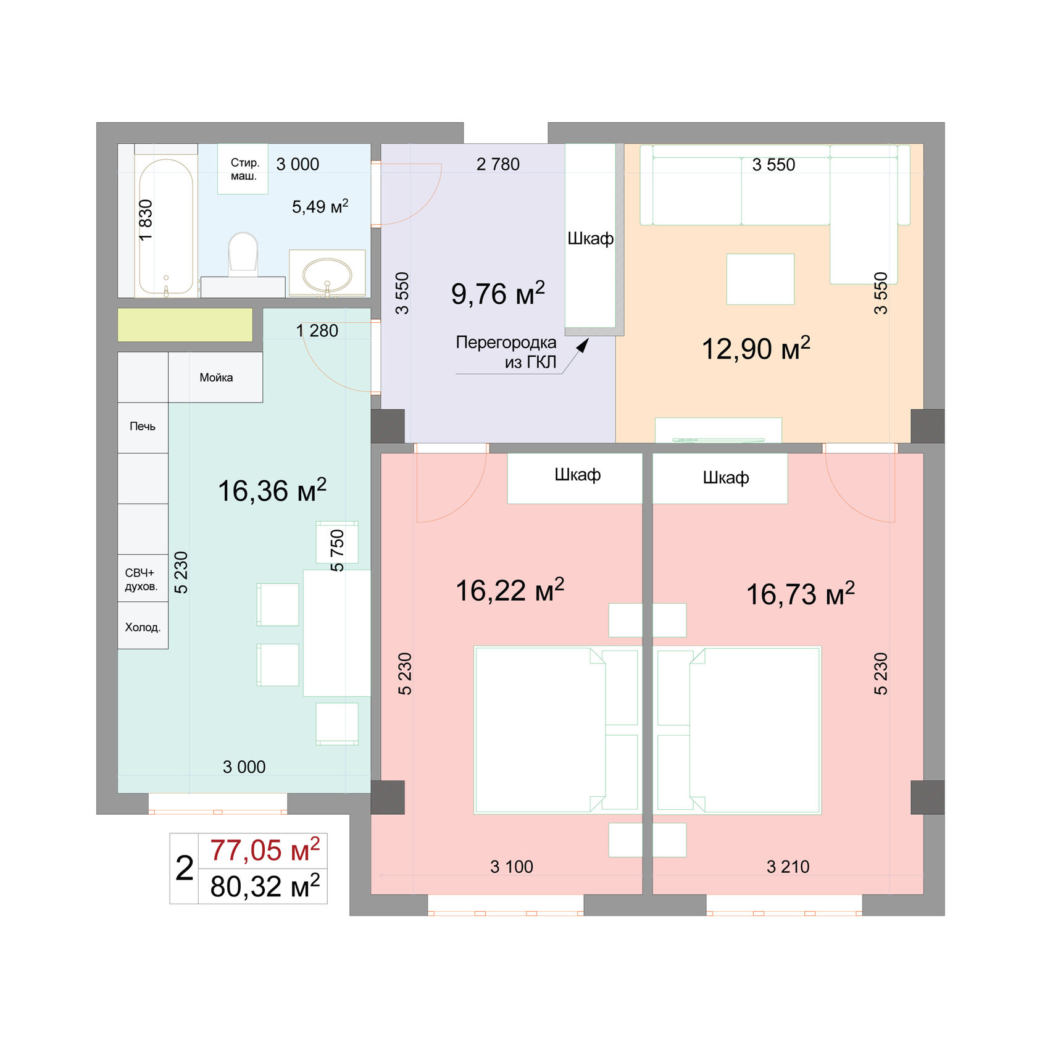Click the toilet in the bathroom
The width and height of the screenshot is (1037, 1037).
click(x=243, y=253)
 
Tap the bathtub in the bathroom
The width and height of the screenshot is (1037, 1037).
click(x=165, y=225)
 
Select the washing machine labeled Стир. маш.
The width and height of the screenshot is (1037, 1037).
click(x=243, y=169)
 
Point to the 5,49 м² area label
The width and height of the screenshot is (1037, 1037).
click(x=320, y=206)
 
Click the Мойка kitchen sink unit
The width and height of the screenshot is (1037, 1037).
click(x=216, y=377)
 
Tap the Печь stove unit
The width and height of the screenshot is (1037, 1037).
click(x=143, y=427)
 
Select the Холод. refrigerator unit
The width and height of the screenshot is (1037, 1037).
click(x=143, y=627)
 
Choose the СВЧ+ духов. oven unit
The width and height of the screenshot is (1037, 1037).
click(x=142, y=579)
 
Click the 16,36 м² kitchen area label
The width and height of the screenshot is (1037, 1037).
click(x=272, y=491)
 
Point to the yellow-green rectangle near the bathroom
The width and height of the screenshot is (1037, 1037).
click(x=185, y=325)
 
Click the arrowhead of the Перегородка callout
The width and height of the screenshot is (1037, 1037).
click(x=583, y=345)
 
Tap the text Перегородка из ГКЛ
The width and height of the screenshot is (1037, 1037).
click(x=506, y=352)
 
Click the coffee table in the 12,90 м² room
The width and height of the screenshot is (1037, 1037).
click(x=760, y=279)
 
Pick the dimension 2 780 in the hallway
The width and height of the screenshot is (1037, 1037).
click(x=498, y=164)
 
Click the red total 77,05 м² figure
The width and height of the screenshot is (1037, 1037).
click(x=264, y=851)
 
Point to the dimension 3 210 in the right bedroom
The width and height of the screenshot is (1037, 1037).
click(x=788, y=867)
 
